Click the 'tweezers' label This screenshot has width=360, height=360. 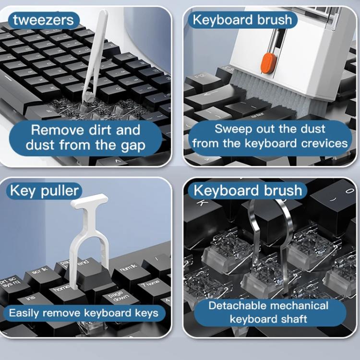click(x=43, y=20)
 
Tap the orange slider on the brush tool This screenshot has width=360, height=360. click(x=267, y=63)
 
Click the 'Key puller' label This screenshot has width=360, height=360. click(x=44, y=191)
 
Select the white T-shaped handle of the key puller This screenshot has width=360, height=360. click(x=89, y=201)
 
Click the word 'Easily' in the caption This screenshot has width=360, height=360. click(x=24, y=313)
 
